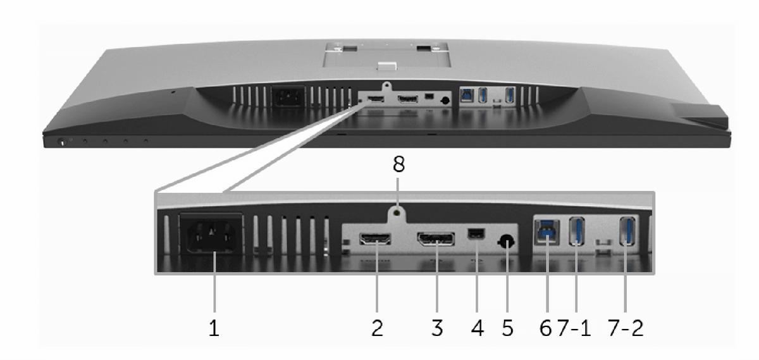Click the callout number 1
pos(214,328)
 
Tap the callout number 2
pos(377,328)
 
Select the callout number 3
pos(437,328)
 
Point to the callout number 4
pos(477,328)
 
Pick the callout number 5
pos(507,328)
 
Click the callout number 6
pos(545,328)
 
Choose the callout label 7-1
pos(574,328)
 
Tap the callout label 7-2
pos(626,328)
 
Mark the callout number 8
pos(398,164)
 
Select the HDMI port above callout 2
pos(375,239)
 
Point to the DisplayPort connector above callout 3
pos(436,239)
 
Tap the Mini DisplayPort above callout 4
pos(476,234)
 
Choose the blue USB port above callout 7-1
pos(577,231)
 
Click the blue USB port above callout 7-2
pos(627,231)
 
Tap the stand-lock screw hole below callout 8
pos(398,213)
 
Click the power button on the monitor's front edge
pos(62,142)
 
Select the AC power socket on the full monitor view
pos(289,97)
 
